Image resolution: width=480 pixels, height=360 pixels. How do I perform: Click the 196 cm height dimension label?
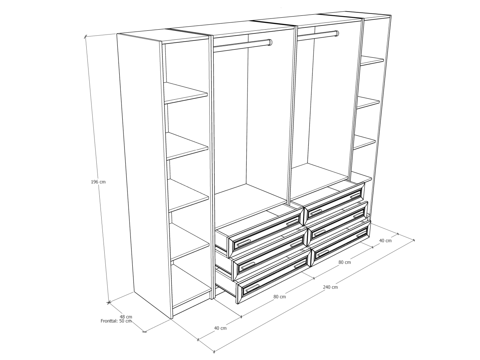click(x=98, y=182)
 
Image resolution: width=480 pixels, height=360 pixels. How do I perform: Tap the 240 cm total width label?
click(x=330, y=287)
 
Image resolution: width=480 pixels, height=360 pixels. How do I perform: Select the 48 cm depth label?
click(x=126, y=316)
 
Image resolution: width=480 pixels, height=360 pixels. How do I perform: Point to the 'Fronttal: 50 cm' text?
click(x=116, y=321)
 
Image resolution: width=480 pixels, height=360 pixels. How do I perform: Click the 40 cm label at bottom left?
click(x=220, y=328)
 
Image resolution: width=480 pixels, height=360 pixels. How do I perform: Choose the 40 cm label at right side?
click(x=385, y=241)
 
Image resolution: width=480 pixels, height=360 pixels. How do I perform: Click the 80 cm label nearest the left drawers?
click(x=279, y=297)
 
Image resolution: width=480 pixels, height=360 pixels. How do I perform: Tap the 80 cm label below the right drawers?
click(x=345, y=262)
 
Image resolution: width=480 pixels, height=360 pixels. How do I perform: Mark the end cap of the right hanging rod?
click(x=337, y=34)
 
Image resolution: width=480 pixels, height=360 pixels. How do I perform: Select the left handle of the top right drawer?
click(x=316, y=212)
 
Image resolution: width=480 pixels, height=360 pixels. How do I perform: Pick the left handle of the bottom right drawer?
click(x=323, y=252)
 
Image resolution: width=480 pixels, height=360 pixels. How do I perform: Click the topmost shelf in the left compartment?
click(x=186, y=93)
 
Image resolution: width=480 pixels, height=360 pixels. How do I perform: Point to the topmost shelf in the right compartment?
click(x=372, y=60)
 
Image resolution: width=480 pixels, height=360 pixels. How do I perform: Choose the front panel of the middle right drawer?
click(x=338, y=223)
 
